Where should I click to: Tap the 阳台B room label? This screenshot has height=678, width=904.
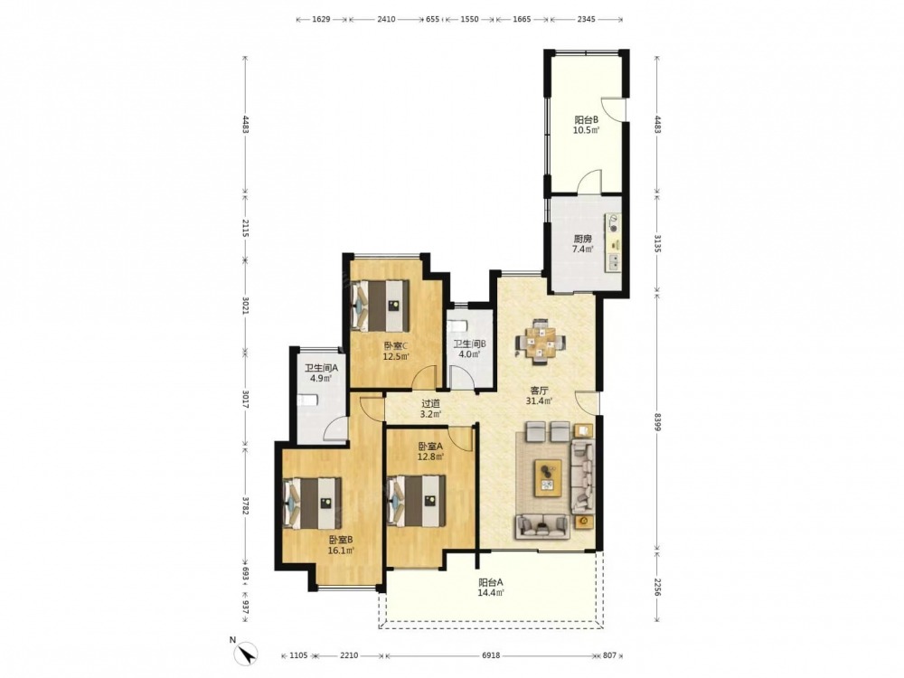[x=586, y=120]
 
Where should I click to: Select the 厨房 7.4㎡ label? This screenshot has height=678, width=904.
[x=582, y=244]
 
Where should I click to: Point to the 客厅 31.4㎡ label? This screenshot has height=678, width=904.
[x=539, y=396]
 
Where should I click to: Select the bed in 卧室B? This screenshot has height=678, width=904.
[x=313, y=503]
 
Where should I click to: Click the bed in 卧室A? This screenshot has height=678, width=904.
[x=416, y=501]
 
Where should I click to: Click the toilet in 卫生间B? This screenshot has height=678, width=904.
[x=457, y=325]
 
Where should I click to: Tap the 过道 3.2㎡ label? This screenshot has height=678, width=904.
[x=430, y=409]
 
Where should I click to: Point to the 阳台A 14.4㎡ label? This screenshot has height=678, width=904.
[x=491, y=587]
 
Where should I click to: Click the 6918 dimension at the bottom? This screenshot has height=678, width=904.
[x=491, y=655]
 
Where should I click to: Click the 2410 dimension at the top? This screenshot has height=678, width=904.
[x=386, y=19]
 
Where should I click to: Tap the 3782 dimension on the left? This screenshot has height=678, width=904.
[x=245, y=505]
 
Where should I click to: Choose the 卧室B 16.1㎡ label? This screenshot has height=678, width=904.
[x=341, y=545]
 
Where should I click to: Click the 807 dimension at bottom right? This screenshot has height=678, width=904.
[x=609, y=655]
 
